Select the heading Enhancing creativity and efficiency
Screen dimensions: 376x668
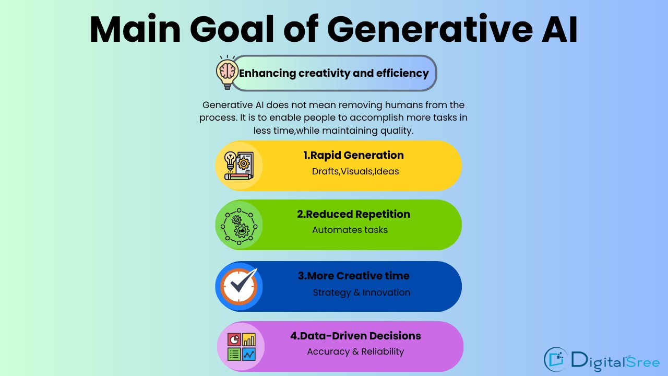coord(334,73)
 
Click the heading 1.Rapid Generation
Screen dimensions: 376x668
coord(353,155)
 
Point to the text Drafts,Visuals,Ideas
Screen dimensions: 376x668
coord(355,171)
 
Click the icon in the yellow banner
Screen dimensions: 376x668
coord(239,166)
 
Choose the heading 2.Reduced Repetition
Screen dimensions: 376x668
coord(353,214)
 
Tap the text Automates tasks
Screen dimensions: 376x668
coord(350,230)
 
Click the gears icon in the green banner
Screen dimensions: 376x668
coord(239,225)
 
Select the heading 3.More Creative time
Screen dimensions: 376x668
coord(353,276)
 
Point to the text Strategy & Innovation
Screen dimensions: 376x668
coord(361,292)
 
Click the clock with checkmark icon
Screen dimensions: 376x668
coord(239,287)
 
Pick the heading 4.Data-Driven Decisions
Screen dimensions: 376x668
coord(355,336)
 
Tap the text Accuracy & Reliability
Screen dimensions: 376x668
coord(355,351)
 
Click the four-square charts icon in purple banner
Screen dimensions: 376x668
coord(241,347)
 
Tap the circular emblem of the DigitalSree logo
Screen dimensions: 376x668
coord(556,359)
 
